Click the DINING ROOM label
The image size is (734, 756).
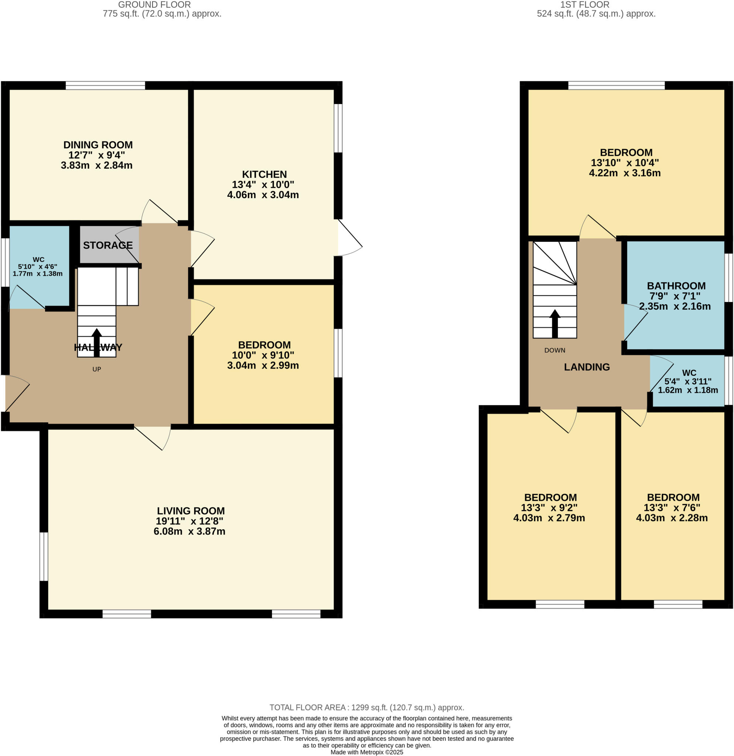[98, 145]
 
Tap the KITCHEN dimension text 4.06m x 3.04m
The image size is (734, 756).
[263, 195]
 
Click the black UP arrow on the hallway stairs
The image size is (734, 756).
[96, 342]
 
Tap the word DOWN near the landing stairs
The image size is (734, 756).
[555, 350]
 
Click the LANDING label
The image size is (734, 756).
[587, 367]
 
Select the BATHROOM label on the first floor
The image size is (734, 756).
[676, 286]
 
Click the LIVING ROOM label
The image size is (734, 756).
[191, 511]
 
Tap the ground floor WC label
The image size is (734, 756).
[38, 260]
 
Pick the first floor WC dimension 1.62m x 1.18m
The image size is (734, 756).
[688, 390]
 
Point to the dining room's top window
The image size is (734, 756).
[105, 85]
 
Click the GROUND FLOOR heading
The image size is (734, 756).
[154, 5]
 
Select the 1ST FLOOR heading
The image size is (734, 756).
[585, 5]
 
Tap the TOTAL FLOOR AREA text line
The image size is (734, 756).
[366, 707]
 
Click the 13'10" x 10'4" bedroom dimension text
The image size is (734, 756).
[624, 163]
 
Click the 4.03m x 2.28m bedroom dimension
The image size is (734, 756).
[672, 518]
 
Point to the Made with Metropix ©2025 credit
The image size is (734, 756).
[366, 752]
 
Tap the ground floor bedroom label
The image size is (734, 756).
[264, 345]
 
